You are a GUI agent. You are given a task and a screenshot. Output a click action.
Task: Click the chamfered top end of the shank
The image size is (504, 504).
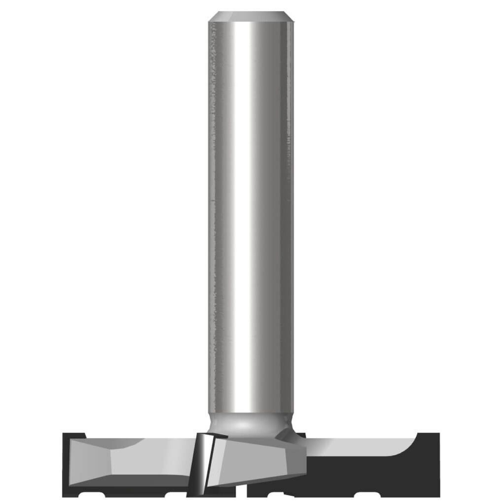pyautogui.click(x=251, y=17)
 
